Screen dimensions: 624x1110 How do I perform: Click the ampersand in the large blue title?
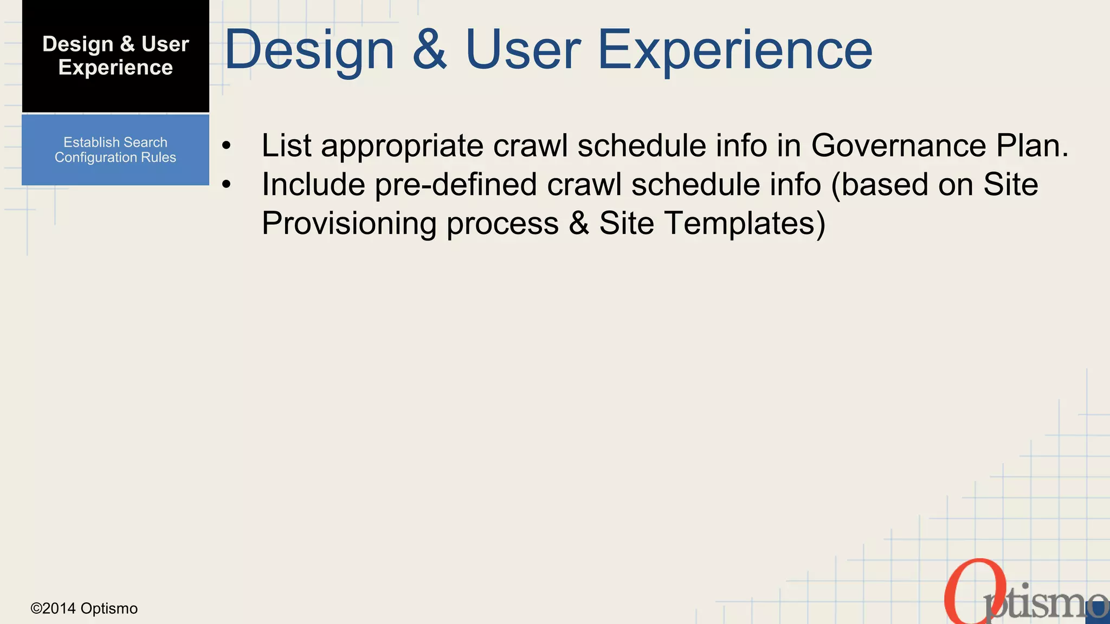click(430, 50)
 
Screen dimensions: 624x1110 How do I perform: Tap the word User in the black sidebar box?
click(165, 44)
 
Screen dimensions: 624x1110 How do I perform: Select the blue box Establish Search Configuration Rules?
click(115, 150)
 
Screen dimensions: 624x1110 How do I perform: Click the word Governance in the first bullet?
click(898, 146)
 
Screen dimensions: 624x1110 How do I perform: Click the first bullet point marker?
click(227, 146)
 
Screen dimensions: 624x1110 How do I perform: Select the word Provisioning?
click(350, 224)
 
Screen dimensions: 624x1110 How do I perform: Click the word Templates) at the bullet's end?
click(745, 224)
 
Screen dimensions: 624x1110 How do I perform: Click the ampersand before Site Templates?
click(579, 224)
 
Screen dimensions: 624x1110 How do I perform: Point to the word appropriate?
click(402, 147)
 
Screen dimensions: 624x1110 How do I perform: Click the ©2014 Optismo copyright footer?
click(84, 609)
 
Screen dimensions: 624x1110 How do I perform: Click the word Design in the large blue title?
click(309, 50)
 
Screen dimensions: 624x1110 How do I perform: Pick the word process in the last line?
click(502, 224)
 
